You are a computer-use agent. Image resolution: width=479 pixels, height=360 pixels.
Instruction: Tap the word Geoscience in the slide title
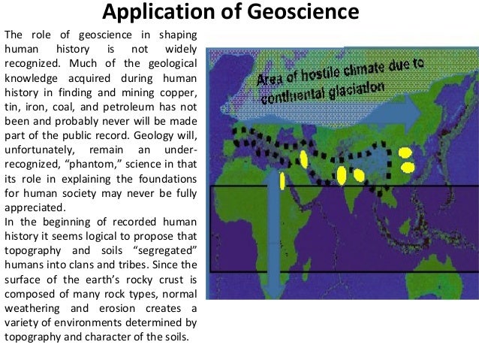point(295,13)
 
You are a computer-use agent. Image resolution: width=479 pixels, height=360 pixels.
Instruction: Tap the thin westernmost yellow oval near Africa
point(281,180)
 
